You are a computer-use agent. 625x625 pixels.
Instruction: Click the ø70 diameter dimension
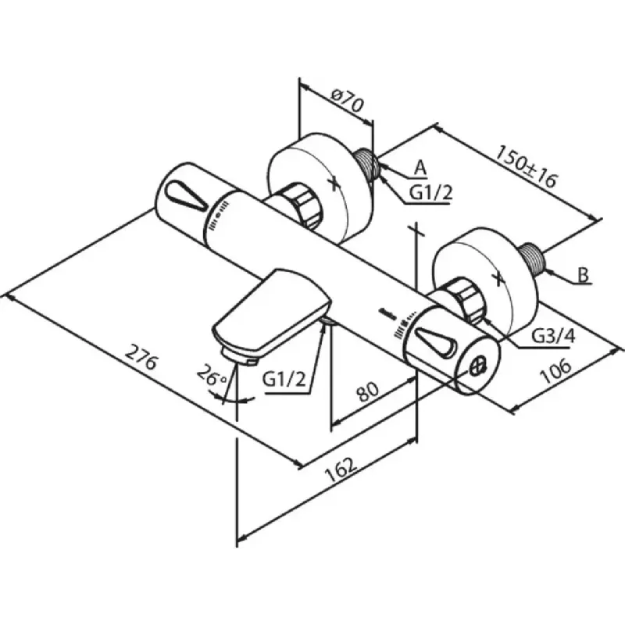(x=348, y=102)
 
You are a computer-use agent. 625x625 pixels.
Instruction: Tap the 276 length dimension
(x=141, y=357)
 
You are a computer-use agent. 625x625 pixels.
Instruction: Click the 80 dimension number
(x=367, y=391)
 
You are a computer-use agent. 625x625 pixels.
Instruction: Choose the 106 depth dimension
(x=555, y=370)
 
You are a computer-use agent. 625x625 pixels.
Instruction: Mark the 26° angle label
(x=212, y=375)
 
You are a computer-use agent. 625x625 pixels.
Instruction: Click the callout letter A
(x=420, y=168)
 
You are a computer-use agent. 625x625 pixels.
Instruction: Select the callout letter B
(x=583, y=275)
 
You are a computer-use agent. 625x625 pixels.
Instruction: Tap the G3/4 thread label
(x=554, y=337)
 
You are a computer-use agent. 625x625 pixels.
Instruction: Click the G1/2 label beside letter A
(x=431, y=193)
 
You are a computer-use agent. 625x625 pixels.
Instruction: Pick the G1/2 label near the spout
(x=284, y=380)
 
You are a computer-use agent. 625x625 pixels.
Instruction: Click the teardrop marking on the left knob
(x=186, y=195)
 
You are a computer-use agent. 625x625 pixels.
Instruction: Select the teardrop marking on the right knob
(x=435, y=342)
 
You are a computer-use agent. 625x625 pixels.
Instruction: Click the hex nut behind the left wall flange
(x=302, y=206)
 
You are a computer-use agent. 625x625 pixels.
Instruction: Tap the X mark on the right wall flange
(x=498, y=278)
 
